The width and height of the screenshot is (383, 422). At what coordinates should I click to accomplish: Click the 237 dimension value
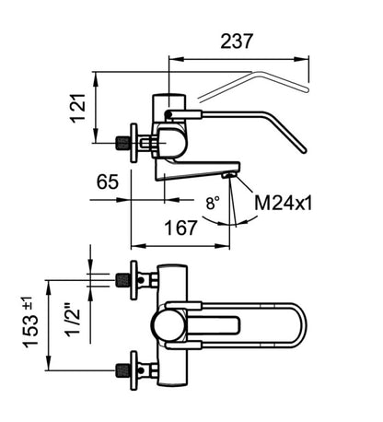tap(237, 41)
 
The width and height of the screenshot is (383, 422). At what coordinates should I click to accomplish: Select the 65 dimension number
tap(107, 182)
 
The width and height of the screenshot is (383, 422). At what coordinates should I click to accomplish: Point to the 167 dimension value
tap(180, 228)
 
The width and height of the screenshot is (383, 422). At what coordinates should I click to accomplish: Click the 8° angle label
tap(213, 203)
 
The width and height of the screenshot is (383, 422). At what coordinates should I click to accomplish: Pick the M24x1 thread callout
tap(284, 203)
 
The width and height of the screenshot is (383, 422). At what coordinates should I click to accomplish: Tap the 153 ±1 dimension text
tap(30, 322)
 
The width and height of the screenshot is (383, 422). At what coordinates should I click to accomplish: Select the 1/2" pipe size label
tap(73, 320)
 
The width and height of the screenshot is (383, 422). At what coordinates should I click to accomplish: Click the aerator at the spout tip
tap(229, 175)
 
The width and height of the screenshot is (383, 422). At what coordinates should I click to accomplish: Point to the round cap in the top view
tap(168, 325)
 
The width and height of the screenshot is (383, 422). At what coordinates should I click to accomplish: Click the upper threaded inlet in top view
tap(123, 280)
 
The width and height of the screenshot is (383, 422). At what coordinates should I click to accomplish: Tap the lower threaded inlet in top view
tap(123, 370)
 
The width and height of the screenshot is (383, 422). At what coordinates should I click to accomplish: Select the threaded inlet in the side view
tap(122, 143)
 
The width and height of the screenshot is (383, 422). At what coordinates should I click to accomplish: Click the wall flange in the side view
tap(133, 143)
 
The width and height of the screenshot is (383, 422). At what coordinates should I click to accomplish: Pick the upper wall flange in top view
tap(133, 280)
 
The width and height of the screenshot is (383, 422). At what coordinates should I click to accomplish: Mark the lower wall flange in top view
tap(133, 370)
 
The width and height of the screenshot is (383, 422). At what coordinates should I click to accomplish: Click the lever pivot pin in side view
tap(168, 114)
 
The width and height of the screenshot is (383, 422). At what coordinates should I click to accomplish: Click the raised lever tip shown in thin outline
tap(307, 89)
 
